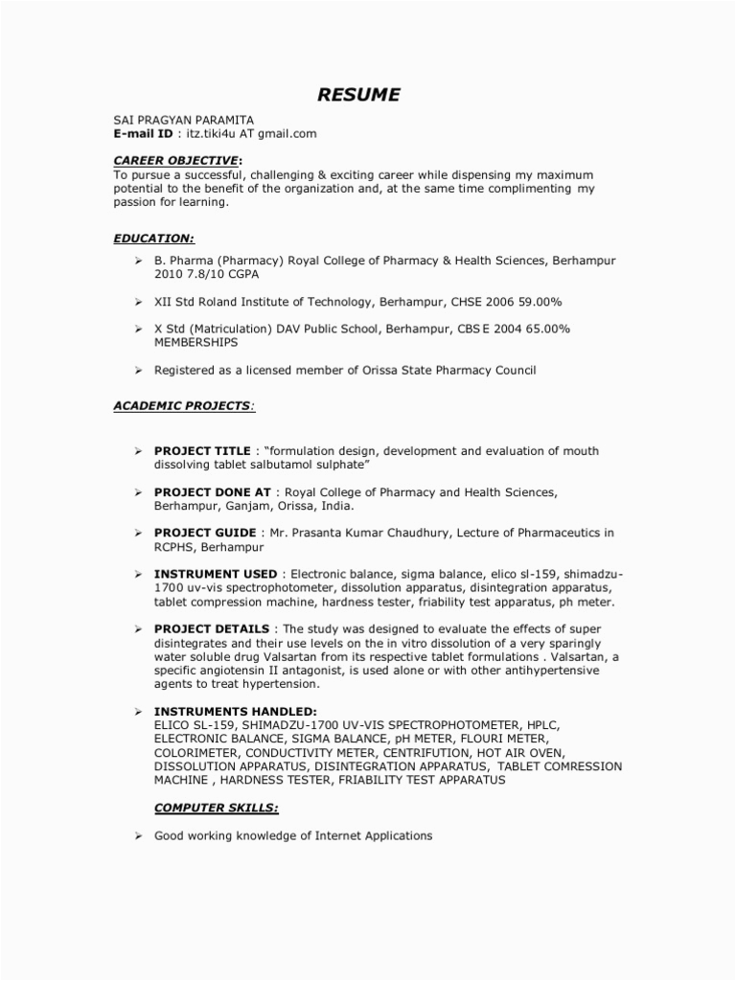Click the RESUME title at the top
coord(359,94)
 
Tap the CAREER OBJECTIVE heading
coord(176,160)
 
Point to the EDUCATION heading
coord(154,238)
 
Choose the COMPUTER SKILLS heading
coord(217,808)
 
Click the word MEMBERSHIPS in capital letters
coord(196,342)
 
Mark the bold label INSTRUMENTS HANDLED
coord(235,712)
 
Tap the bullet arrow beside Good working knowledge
coord(138,836)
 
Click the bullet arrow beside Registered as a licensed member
coord(138,370)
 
